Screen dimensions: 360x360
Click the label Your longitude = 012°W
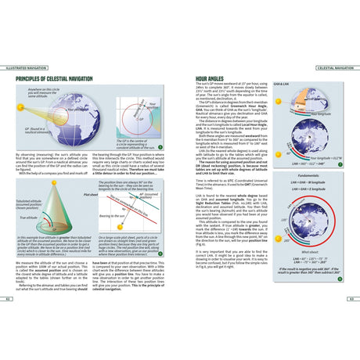point(327,158)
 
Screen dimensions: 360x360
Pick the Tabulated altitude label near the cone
point(27,205)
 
